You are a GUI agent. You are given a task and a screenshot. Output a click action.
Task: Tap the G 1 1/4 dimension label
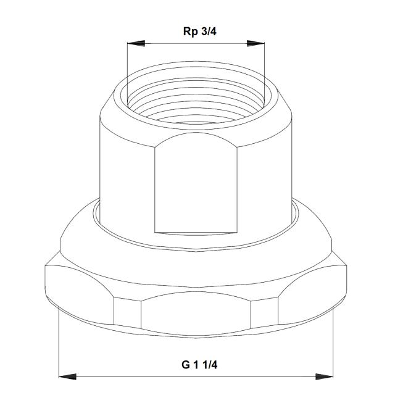199,364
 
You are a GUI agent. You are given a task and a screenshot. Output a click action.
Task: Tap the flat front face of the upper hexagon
196,185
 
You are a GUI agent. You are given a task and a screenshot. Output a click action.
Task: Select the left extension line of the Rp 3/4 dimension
127,68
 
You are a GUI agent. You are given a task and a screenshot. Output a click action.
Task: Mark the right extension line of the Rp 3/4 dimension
265,68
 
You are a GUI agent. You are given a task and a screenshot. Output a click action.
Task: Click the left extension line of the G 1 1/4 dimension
59,339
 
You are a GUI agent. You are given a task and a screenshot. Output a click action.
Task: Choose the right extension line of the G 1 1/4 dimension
333,339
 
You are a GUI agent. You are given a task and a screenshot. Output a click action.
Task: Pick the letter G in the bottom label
185,364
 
